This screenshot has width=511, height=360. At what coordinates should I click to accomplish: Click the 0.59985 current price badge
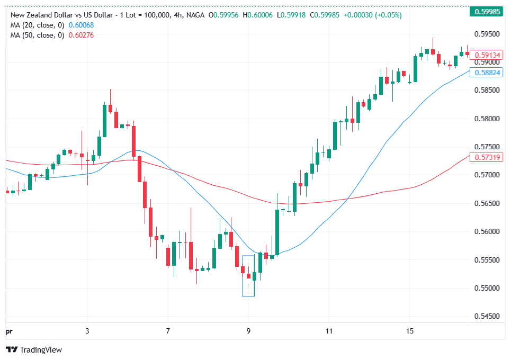[488, 12]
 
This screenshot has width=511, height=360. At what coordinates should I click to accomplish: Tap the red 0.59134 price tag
[488, 55]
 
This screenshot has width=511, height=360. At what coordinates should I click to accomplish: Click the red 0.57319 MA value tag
[488, 158]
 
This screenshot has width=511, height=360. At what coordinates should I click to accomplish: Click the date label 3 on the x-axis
[87, 330]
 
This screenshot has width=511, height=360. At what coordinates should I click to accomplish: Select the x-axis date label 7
[168, 330]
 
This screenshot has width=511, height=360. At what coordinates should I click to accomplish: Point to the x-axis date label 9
[248, 330]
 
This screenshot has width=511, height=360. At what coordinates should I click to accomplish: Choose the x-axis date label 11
[329, 330]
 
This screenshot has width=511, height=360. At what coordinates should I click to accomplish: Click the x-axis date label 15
[409, 330]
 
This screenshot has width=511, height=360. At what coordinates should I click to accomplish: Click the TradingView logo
[34, 349]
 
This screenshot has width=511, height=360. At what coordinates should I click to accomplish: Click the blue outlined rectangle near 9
[248, 276]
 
